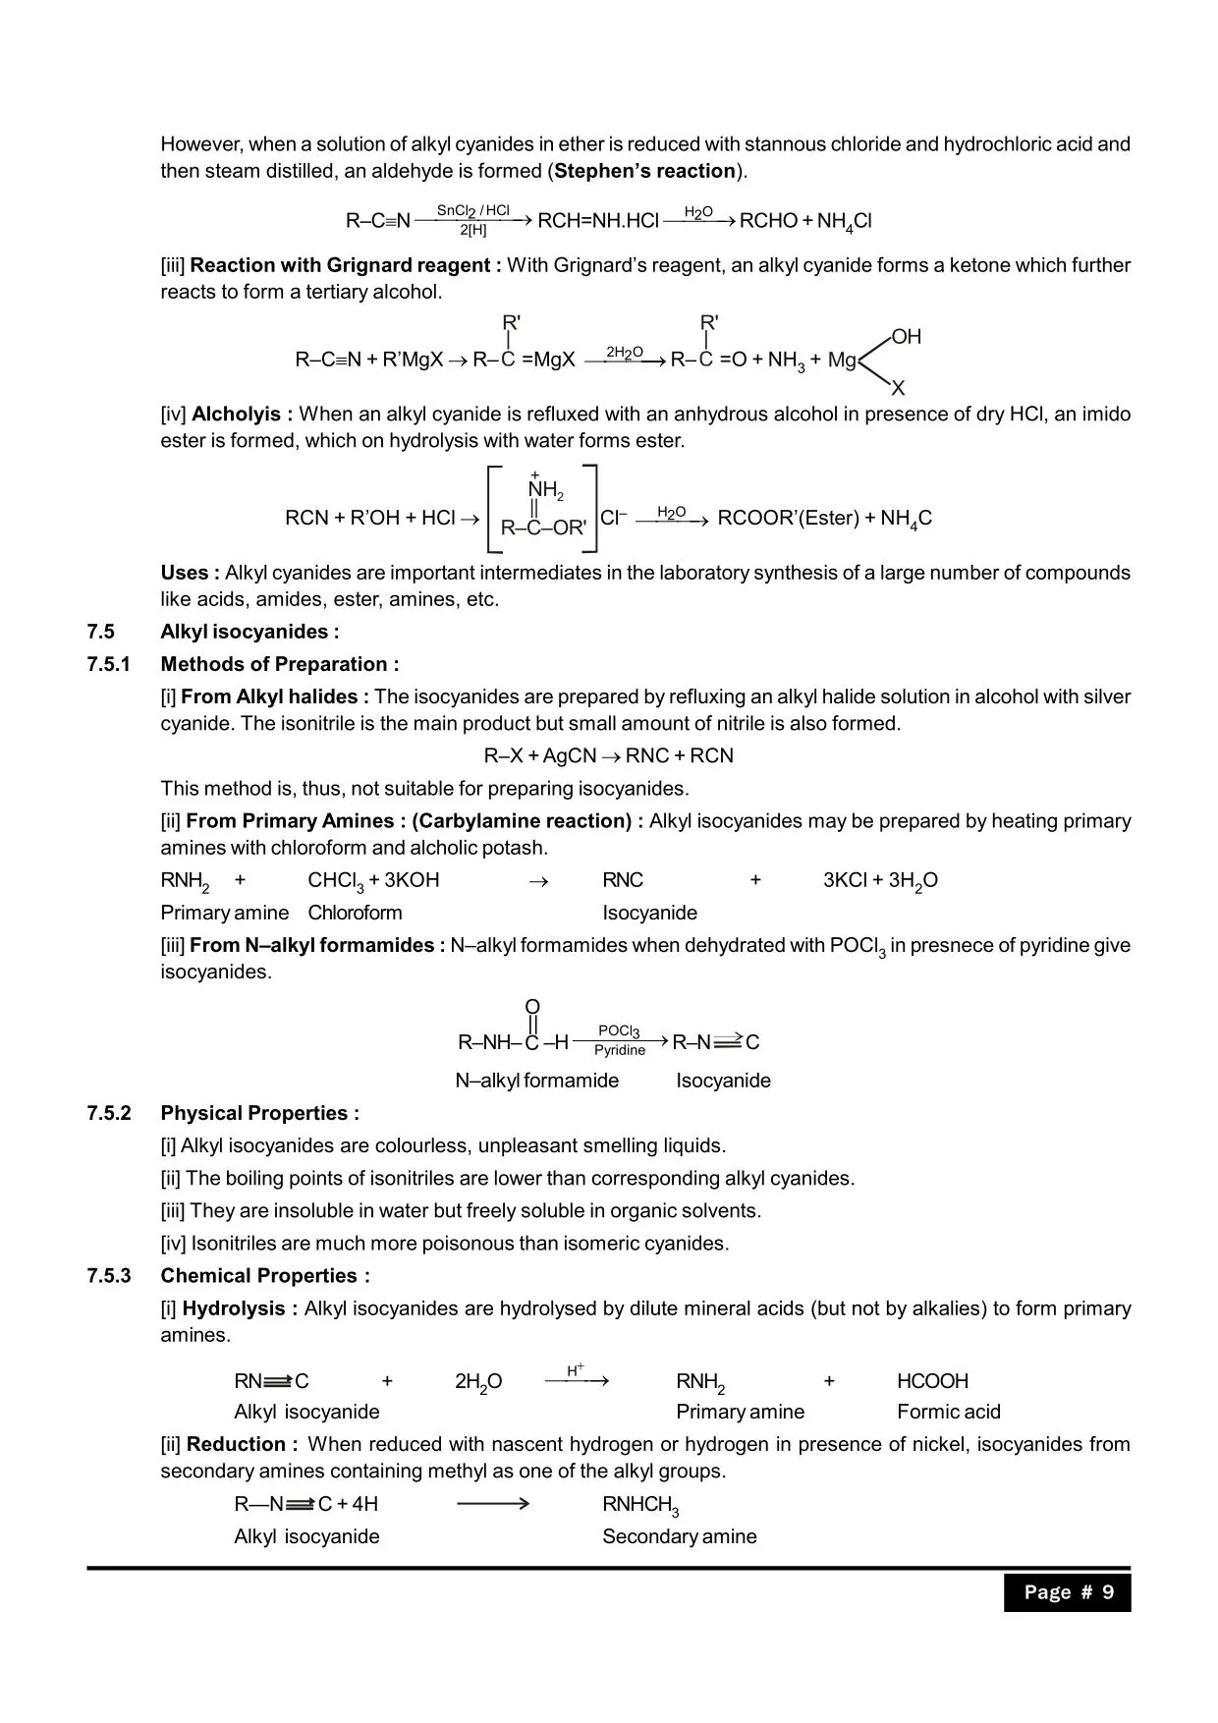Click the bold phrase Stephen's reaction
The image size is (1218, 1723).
click(644, 171)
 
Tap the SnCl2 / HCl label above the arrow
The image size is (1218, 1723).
click(472, 210)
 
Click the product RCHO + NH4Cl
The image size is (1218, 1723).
click(804, 221)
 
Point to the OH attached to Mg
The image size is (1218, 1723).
click(907, 337)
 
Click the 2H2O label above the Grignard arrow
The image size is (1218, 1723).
click(625, 352)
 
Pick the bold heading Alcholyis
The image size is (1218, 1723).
click(242, 415)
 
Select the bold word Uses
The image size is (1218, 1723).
click(190, 573)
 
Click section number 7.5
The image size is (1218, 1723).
click(100, 632)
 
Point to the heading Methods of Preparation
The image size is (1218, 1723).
click(280, 664)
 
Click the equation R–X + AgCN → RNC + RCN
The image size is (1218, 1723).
click(608, 755)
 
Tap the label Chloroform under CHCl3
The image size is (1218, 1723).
click(355, 913)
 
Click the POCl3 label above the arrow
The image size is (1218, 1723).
click(619, 1030)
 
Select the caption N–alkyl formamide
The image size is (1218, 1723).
click(536, 1081)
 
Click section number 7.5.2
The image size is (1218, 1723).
click(108, 1113)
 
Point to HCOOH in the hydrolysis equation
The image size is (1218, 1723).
click(932, 1381)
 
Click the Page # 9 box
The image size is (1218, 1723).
click(1067, 1592)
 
